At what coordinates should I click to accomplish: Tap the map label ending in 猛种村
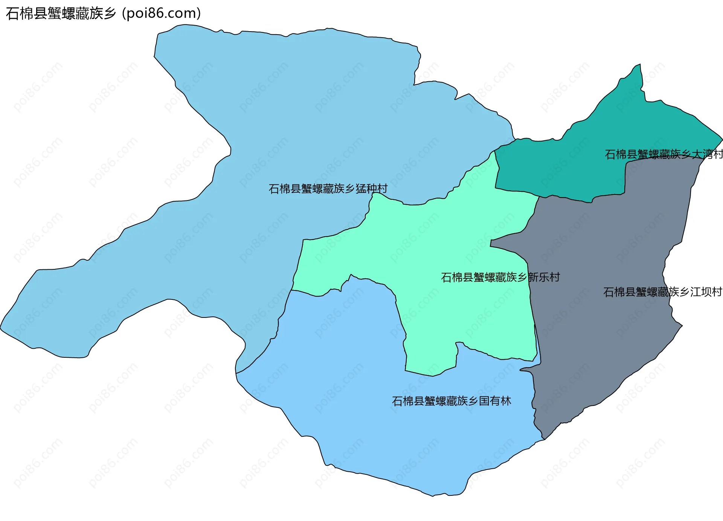click(328, 188)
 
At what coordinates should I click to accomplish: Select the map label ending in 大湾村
click(664, 154)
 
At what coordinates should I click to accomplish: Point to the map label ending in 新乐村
click(500, 277)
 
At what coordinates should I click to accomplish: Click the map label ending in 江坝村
click(662, 292)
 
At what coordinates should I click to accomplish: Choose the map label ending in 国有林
click(451, 401)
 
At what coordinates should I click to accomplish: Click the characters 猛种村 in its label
click(371, 188)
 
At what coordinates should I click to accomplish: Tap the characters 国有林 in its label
click(495, 401)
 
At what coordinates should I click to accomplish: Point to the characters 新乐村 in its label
click(544, 277)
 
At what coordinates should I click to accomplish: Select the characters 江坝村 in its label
click(706, 292)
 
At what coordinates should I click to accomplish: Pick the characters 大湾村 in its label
click(707, 154)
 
